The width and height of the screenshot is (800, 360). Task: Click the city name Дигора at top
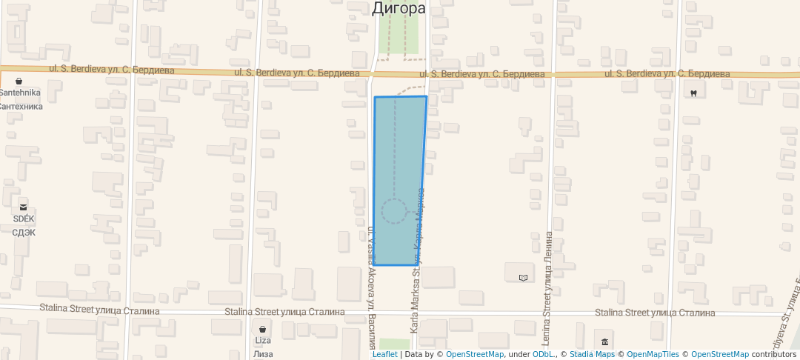(x=399, y=8)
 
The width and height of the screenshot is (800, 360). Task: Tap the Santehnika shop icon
(x=19, y=81)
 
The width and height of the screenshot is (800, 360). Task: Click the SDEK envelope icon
(x=23, y=207)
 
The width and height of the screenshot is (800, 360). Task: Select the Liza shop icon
(x=262, y=328)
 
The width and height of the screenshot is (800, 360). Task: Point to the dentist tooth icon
(x=693, y=93)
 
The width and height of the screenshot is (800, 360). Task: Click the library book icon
(x=524, y=278)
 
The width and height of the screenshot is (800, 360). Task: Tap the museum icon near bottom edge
(x=605, y=341)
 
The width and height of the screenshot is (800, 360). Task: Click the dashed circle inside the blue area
(x=394, y=211)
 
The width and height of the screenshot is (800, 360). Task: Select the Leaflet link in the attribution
(x=384, y=354)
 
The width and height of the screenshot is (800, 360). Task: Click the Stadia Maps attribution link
(x=592, y=354)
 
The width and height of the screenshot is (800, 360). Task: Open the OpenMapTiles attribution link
(x=653, y=354)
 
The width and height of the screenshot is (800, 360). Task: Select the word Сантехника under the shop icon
(x=20, y=106)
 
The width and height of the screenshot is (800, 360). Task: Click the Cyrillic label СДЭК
(x=24, y=232)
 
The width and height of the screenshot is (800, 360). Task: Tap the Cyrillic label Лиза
(x=263, y=353)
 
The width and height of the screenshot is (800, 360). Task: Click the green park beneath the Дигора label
(x=398, y=34)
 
